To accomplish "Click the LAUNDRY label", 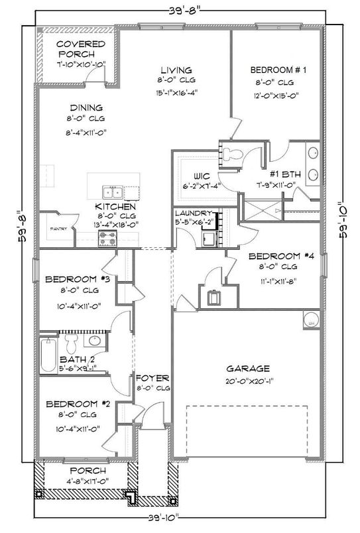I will (x=193, y=213).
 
